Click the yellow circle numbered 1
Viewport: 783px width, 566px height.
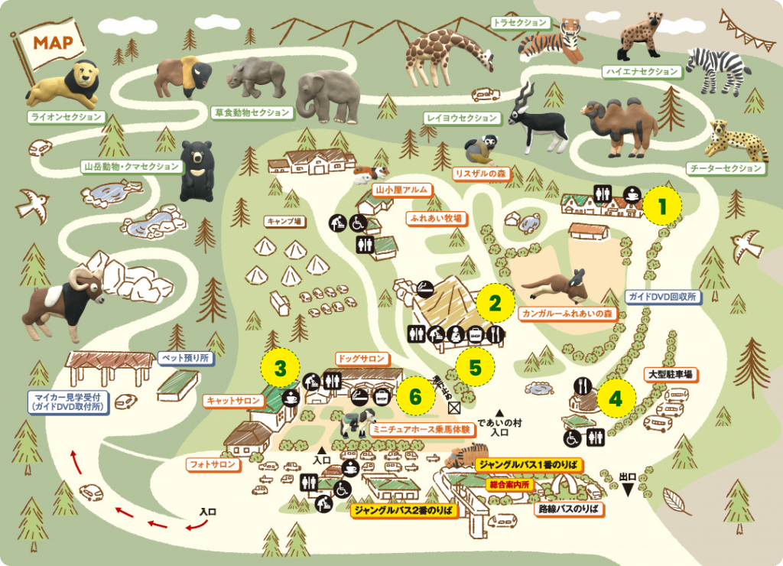tap(662, 204)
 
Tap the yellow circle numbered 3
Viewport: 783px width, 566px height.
tap(281, 369)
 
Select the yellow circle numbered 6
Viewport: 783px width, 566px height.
tap(415, 396)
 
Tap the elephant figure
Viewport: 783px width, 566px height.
tap(328, 96)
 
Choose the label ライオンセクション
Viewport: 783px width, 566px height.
tap(65, 117)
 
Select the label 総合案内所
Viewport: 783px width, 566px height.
tap(508, 484)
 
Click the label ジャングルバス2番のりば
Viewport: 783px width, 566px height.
tap(404, 508)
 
